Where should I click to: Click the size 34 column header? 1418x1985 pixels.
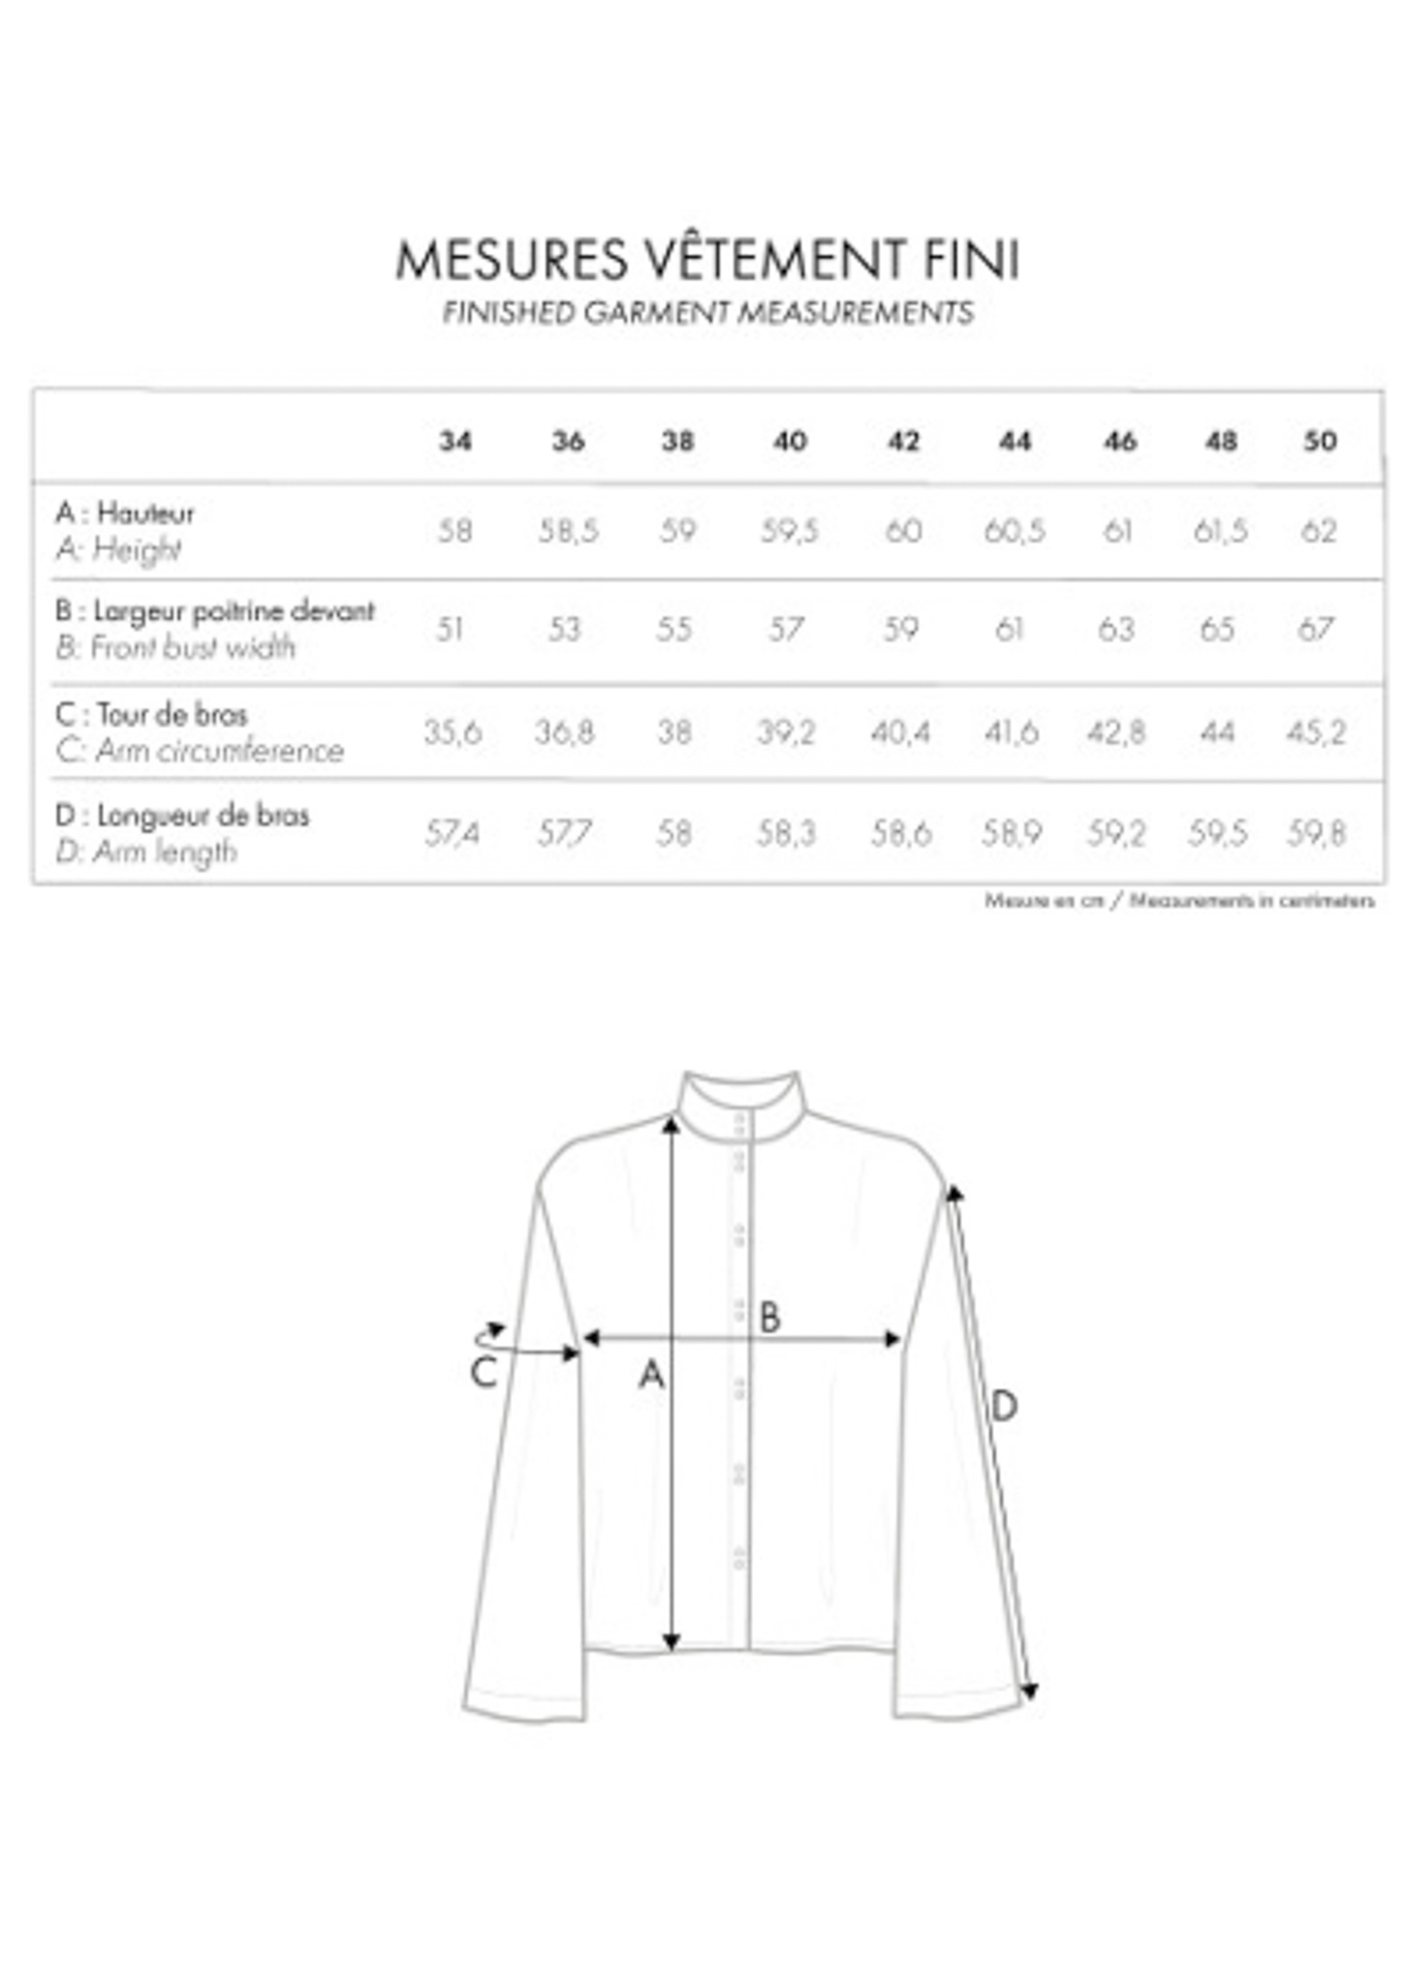[x=455, y=441]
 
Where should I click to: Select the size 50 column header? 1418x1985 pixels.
[x=1319, y=441]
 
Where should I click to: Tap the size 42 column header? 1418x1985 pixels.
[x=902, y=441]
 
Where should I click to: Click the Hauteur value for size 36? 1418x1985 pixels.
[x=568, y=531]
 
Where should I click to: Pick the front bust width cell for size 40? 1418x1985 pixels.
[x=786, y=630]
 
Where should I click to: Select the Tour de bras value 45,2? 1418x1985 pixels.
[x=1316, y=732]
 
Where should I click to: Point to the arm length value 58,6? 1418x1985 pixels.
[x=900, y=833]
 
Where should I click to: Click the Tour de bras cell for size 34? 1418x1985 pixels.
[x=453, y=732]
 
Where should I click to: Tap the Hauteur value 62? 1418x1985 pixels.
[x=1318, y=531]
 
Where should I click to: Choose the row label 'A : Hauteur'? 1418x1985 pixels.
[x=125, y=513]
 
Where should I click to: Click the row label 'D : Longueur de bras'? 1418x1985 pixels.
[x=182, y=815]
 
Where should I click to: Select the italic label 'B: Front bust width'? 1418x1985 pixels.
[x=175, y=647]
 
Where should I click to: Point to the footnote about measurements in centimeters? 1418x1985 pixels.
[x=1179, y=900]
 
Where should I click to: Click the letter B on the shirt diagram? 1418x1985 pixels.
[x=770, y=1316]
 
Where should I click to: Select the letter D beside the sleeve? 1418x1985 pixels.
[x=1004, y=1405]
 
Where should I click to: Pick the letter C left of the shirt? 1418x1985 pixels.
[x=484, y=1371]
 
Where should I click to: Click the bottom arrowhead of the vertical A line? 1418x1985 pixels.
[x=671, y=1642]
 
